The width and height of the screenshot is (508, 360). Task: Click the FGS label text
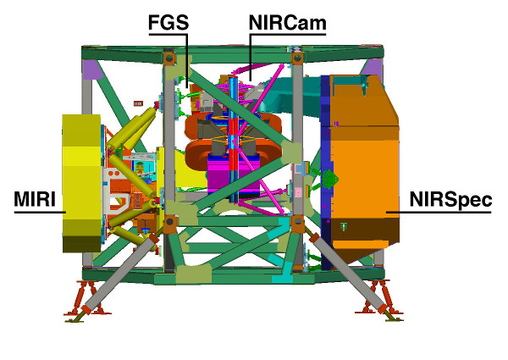[168, 22]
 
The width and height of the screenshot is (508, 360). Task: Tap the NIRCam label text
[287, 23]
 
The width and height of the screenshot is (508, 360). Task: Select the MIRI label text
[35, 199]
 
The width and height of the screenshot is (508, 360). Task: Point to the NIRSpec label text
[450, 200]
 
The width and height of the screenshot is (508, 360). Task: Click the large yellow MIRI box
[81, 183]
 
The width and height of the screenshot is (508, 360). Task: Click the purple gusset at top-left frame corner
[92, 69]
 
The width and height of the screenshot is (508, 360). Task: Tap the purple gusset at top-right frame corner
[372, 69]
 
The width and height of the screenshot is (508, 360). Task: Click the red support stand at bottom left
[87, 298]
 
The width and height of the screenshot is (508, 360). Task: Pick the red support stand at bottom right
[379, 297]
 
